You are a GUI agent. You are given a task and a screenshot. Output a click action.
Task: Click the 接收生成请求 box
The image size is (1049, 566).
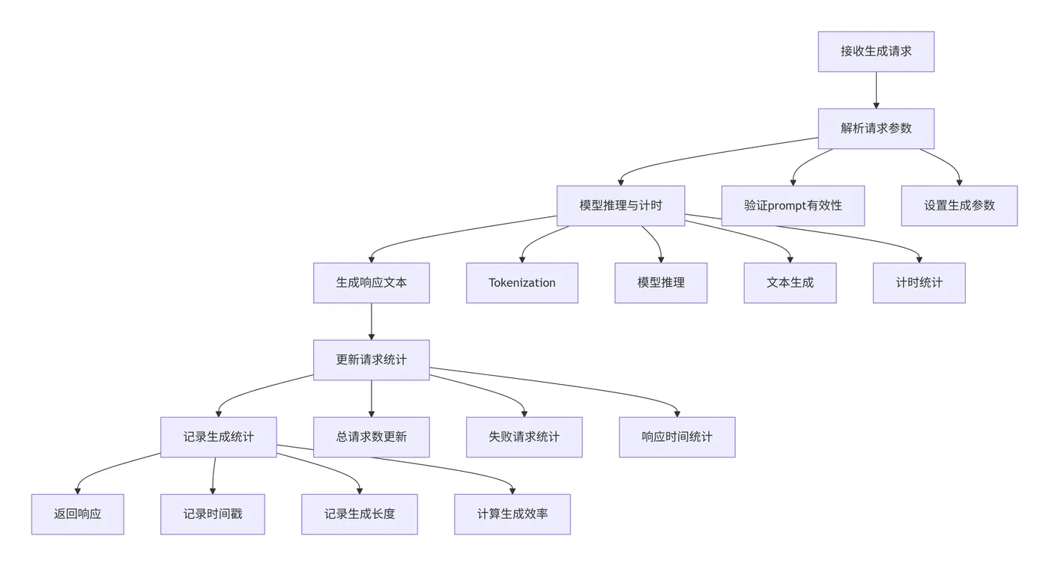pos(876,52)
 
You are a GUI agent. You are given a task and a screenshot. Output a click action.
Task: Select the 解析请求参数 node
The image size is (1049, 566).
pos(876,129)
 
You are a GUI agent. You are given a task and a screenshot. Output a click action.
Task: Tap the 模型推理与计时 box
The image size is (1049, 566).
pos(620,206)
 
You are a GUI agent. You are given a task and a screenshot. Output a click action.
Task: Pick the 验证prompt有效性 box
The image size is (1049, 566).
pos(793,206)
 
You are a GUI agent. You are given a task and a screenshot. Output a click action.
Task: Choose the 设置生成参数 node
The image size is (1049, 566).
pos(959,206)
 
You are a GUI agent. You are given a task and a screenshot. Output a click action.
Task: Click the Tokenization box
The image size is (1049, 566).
pos(522,283)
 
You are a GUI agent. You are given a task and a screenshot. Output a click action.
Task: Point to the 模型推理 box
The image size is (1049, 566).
pos(661,283)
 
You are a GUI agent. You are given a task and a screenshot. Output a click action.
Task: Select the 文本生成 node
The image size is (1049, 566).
pos(790,283)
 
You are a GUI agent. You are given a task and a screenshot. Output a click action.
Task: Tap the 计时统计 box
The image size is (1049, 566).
pos(919,283)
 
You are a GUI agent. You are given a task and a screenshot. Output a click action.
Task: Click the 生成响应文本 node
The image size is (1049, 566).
pos(371,283)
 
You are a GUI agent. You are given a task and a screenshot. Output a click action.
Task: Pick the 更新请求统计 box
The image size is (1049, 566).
pos(371,360)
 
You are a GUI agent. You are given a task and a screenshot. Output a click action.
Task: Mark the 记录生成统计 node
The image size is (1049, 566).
pos(218,437)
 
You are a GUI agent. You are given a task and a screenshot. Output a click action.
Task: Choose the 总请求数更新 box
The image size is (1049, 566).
pos(371,437)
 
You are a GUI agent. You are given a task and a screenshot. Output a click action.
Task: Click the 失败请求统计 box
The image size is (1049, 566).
pos(524,437)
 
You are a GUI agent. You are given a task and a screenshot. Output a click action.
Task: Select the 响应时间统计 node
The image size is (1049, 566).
pos(677,437)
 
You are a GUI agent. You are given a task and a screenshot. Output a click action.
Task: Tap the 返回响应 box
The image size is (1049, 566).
pos(77,514)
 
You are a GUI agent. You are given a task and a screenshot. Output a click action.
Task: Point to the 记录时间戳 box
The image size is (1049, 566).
pos(212,514)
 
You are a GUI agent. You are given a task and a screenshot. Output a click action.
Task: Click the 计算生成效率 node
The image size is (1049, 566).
pos(512,514)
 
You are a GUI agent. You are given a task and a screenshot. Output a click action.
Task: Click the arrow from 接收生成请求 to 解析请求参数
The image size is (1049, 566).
pos(876,91)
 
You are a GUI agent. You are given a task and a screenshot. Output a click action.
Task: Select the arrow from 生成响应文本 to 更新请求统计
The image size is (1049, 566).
pos(371,322)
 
